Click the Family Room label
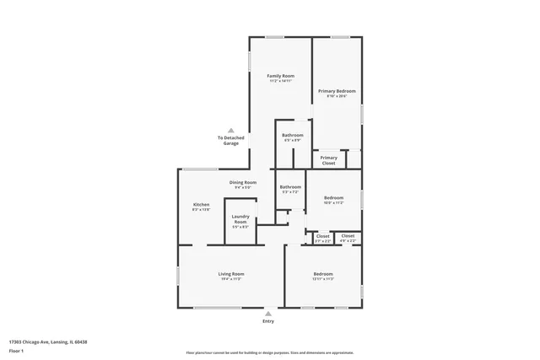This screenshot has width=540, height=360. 280,76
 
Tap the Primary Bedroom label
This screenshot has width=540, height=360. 336,91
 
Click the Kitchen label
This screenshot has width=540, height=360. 201,205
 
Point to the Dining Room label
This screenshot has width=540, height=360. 242,182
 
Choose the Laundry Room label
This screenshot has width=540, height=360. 240,220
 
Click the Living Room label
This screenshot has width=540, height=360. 231,274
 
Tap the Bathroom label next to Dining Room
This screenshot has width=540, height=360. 290,187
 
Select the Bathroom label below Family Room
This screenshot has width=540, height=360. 293,136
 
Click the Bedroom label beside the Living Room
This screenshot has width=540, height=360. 323,274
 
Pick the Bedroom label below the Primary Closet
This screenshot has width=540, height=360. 333,198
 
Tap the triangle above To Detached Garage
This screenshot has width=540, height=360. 231,130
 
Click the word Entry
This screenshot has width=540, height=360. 268,321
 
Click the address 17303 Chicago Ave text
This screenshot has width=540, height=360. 48,342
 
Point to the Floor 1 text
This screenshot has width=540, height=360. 15,351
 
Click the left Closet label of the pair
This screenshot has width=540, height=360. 323,236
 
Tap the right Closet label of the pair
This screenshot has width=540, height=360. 348,236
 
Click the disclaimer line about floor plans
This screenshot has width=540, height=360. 270,353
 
